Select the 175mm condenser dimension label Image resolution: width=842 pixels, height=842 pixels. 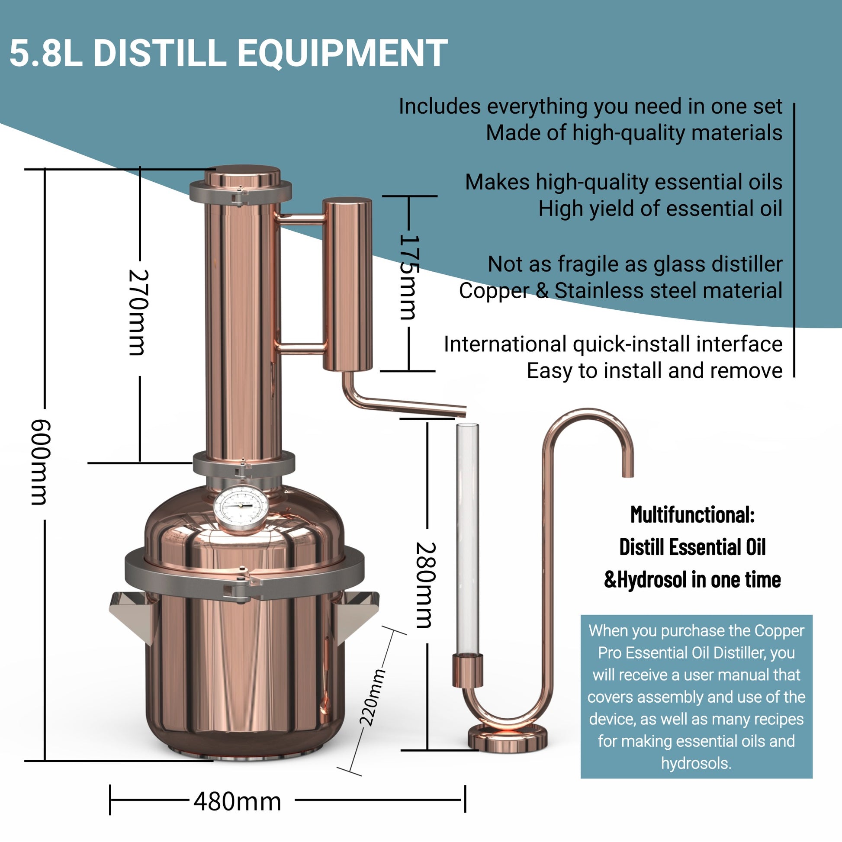click(409, 278)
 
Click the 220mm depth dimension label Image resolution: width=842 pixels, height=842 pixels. click(373, 697)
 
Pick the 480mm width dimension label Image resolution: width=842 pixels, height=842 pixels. click(238, 801)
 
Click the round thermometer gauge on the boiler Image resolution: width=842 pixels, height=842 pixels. click(241, 508)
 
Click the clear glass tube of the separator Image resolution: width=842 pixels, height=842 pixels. click(467, 536)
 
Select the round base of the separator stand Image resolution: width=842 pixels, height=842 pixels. click(507, 738)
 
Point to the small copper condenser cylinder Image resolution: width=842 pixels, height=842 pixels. click(347, 283)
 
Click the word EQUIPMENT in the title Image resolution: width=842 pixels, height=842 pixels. click(342, 53)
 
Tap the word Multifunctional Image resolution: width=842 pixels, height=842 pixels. click(692, 515)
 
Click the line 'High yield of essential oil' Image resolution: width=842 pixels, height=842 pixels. click(660, 208)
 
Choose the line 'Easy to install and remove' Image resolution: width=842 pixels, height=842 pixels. click(654, 371)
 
